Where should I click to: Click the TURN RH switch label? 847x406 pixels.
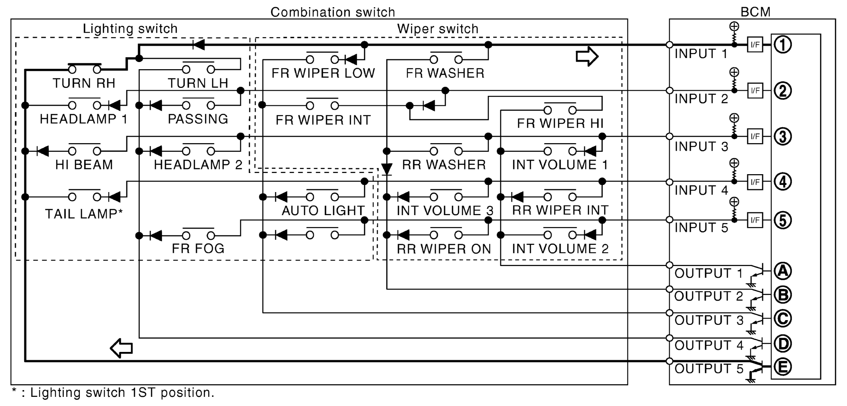click(x=84, y=83)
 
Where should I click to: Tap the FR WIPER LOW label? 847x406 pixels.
click(x=323, y=73)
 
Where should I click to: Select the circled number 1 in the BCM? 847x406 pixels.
click(x=783, y=45)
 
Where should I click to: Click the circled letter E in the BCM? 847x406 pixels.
click(x=783, y=367)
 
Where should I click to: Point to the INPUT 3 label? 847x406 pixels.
click(x=701, y=146)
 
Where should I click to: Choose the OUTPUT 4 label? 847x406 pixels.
click(x=709, y=345)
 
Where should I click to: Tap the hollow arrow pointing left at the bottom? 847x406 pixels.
click(x=121, y=348)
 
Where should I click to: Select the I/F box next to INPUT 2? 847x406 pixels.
click(x=755, y=91)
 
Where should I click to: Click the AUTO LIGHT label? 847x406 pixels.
click(x=323, y=210)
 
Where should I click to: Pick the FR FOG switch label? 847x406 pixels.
click(x=198, y=249)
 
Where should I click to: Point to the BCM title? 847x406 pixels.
click(x=755, y=12)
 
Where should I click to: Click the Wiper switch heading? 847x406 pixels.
click(x=437, y=29)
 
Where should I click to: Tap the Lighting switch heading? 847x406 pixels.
click(x=130, y=29)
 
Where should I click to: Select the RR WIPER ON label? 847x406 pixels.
click(x=444, y=249)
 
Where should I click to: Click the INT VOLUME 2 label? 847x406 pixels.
click(x=560, y=249)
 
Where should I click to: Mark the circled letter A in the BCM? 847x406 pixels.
click(x=783, y=271)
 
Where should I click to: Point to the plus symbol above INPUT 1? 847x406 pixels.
click(x=734, y=27)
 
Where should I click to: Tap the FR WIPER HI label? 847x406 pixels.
click(x=560, y=124)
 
